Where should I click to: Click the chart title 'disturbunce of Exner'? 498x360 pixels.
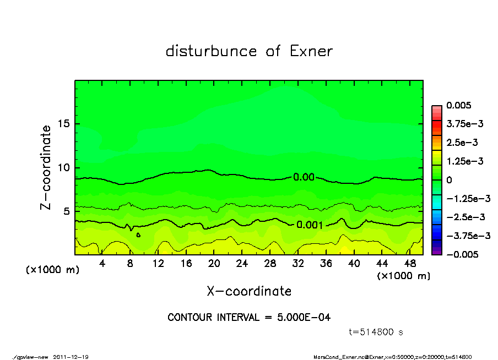point(249,51)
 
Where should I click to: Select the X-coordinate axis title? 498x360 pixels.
point(249,291)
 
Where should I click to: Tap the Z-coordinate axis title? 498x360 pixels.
point(46,167)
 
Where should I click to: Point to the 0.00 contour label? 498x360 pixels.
point(304,177)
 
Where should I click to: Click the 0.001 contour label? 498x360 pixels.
point(310,225)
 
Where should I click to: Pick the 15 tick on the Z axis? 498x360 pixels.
point(64,124)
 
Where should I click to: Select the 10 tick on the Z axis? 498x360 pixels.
point(64,168)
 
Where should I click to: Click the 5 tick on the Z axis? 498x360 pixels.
point(67,211)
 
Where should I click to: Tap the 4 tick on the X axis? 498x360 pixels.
point(102,264)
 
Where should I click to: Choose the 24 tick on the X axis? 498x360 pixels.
point(242,264)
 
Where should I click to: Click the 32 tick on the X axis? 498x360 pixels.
point(298,264)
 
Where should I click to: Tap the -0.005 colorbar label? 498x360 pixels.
point(461,254)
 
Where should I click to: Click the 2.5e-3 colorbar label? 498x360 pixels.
point(462,143)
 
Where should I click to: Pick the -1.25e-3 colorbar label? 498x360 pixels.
point(467,198)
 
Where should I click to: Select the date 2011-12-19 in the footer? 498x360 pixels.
point(71,357)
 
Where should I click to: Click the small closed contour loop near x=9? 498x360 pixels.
point(138,234)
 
